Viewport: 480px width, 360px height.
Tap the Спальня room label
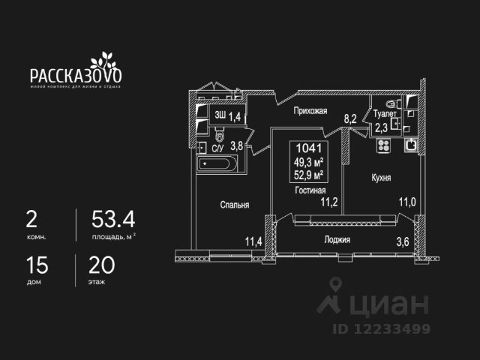point(234,204)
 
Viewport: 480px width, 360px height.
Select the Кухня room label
point(381,178)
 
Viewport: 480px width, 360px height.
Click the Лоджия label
point(337,239)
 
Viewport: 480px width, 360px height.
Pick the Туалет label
point(383,114)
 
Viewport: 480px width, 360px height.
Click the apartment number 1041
point(309,148)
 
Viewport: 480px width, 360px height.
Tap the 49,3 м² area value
point(309,162)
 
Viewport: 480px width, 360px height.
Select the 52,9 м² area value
point(309,175)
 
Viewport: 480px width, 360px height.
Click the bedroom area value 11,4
point(254,241)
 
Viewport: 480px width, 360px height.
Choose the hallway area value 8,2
point(349,118)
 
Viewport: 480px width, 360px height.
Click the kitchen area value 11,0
point(406,201)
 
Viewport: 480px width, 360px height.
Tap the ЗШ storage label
point(220,115)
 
